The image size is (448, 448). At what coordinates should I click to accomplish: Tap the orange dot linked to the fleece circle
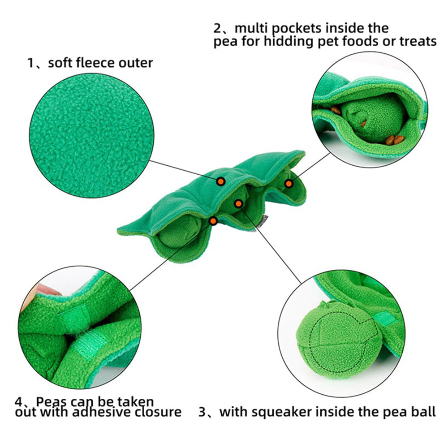(220, 181)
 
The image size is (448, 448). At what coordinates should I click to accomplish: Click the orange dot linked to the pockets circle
(289, 183)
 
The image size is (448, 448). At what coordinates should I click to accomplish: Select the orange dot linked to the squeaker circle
(238, 204)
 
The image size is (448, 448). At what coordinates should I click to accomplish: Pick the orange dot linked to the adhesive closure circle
(213, 220)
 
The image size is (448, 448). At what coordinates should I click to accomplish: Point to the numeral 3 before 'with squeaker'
(202, 412)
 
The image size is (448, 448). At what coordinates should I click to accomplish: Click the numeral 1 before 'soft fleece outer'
(30, 63)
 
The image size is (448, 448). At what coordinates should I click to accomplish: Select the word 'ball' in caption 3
(424, 412)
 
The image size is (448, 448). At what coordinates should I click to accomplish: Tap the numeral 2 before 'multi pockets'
(217, 29)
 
